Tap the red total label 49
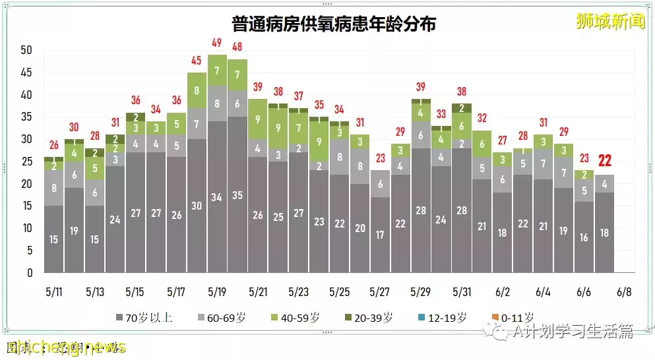[217, 44]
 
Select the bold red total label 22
[605, 160]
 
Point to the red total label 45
[197, 61]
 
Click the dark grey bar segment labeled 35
[237, 195]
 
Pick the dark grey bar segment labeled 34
[217, 196]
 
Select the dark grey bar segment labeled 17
[380, 234]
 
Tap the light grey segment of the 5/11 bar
[53, 188]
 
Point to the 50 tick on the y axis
[26, 50]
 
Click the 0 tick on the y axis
[29, 272]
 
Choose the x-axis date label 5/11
[53, 291]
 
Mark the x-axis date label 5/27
[380, 291]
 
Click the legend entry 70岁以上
[145, 318]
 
